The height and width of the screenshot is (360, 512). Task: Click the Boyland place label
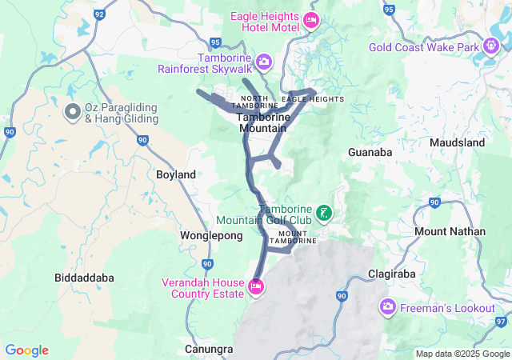click(176, 174)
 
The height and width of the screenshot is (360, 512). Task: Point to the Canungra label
click(209, 350)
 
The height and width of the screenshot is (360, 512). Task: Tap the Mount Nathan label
click(450, 231)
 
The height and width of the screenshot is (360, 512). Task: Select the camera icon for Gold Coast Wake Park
click(492, 47)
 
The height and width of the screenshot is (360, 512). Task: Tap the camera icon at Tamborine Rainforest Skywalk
click(263, 61)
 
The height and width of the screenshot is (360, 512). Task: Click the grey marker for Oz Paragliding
click(72, 110)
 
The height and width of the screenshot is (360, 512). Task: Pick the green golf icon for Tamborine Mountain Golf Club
click(324, 213)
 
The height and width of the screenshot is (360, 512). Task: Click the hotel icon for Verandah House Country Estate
click(255, 286)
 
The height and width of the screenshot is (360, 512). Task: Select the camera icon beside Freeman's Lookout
click(388, 307)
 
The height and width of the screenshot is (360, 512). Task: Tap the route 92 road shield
click(99, 14)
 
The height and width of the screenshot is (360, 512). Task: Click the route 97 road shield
click(502, 321)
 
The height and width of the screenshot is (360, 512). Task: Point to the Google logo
click(26, 350)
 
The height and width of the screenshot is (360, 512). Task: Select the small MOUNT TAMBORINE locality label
click(293, 237)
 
